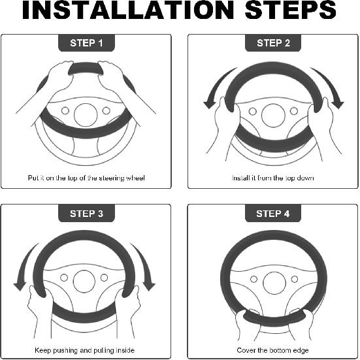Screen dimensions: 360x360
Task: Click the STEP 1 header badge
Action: click(x=86, y=43)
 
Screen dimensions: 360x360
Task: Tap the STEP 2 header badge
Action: click(x=273, y=43)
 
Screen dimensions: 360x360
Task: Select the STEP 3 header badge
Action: click(x=86, y=213)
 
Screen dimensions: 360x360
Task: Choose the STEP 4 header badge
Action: click(x=273, y=213)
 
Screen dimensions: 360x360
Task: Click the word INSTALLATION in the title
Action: click(x=128, y=10)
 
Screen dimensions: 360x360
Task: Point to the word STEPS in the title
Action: click(x=291, y=10)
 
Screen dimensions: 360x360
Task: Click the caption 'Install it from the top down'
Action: click(x=272, y=178)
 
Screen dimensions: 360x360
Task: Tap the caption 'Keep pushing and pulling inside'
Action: click(x=84, y=350)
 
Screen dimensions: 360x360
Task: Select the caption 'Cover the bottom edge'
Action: click(x=272, y=350)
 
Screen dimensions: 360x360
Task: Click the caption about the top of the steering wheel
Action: click(x=86, y=178)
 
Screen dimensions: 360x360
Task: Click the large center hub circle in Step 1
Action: click(x=86, y=115)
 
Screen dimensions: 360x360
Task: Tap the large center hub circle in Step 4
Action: click(x=274, y=283)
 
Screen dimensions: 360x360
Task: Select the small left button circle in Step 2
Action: click(x=253, y=111)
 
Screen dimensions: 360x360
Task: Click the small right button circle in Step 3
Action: click(x=104, y=278)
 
